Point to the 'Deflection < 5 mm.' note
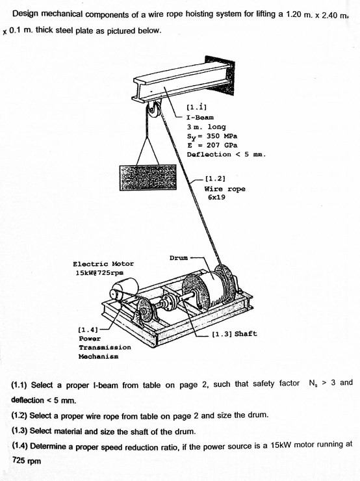tap(226, 155)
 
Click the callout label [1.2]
tap(215, 175)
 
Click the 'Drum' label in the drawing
tap(178, 258)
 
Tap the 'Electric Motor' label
tap(103, 264)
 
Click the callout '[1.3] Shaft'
tap(235, 333)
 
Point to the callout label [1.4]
tap(89, 330)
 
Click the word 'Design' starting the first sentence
tap(26, 14)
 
